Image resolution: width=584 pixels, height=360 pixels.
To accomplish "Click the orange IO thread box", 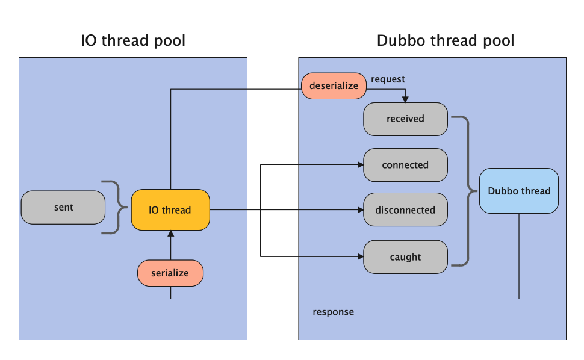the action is [x=170, y=210].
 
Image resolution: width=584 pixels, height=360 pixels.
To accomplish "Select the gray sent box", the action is [x=63, y=207].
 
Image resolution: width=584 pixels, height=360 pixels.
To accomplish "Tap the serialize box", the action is [x=170, y=273].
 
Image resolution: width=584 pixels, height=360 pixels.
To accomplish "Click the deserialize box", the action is [x=334, y=86].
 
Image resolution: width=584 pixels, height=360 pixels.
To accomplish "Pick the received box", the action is [x=405, y=119].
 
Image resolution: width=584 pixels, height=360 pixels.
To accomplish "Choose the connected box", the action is [x=405, y=165].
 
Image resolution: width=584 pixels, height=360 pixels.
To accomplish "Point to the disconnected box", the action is [x=405, y=209].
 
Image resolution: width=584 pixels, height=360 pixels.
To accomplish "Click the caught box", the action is [x=405, y=257].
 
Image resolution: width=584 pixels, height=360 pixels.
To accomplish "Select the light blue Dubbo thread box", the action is [x=519, y=191].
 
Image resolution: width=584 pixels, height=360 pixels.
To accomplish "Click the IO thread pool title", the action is [x=133, y=40].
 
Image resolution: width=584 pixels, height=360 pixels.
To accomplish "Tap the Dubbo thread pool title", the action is [x=446, y=40].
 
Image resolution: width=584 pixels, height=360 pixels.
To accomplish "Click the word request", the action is [x=388, y=79].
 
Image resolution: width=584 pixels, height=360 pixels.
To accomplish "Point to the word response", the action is [x=334, y=312].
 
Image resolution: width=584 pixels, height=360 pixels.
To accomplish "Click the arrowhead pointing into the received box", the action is [x=405, y=99].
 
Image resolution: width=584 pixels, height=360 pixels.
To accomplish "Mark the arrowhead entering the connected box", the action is [x=360, y=164].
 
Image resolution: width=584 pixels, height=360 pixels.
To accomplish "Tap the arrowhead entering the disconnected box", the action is [x=360, y=210].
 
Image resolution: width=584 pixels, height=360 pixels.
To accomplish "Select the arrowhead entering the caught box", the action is [x=360, y=256].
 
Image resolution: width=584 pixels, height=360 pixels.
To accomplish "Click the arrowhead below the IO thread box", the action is [x=170, y=234].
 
